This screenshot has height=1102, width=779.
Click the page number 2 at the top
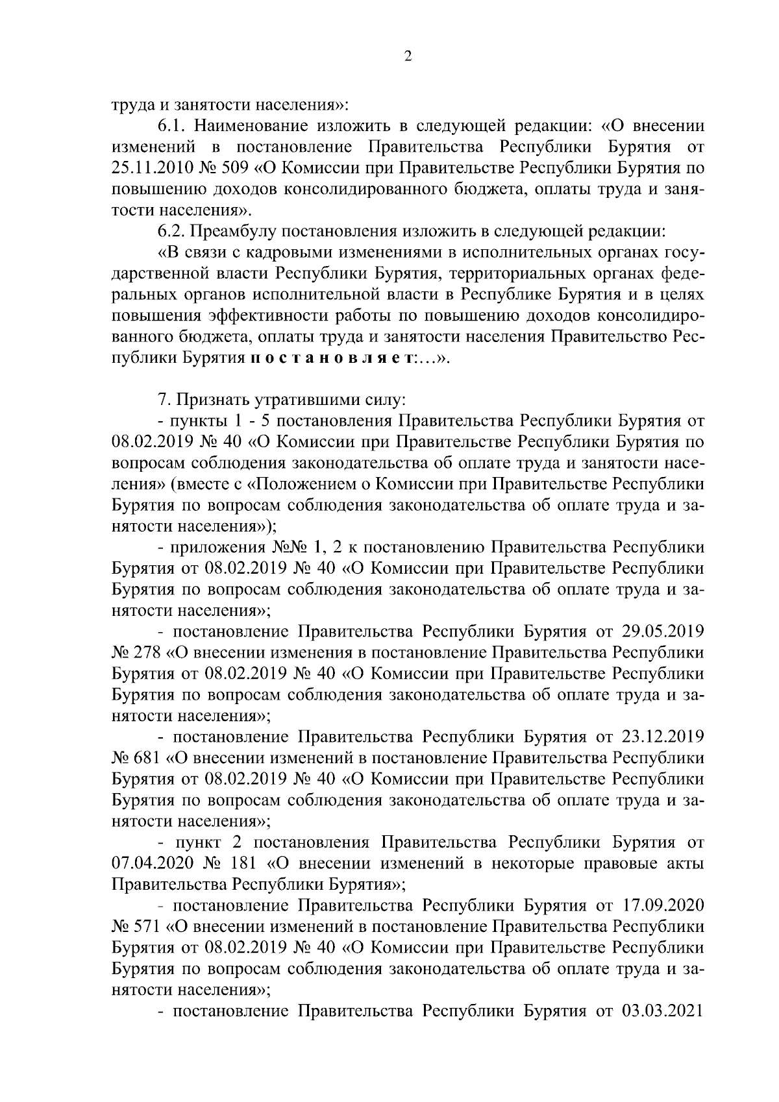tap(408, 56)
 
